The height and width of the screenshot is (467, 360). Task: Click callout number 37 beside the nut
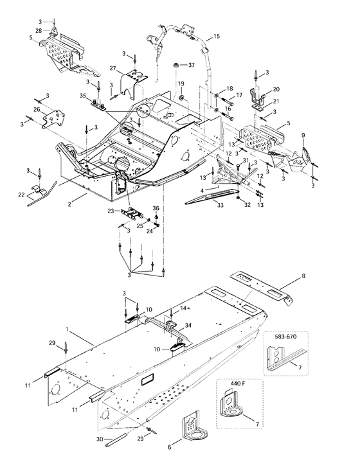(191, 66)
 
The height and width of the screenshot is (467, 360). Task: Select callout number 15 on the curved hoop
(216, 37)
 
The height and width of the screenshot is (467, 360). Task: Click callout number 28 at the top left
(39, 31)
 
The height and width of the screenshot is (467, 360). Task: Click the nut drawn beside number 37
(174, 66)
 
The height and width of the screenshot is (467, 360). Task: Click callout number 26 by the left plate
(37, 110)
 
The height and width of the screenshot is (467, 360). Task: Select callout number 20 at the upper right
(277, 89)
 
